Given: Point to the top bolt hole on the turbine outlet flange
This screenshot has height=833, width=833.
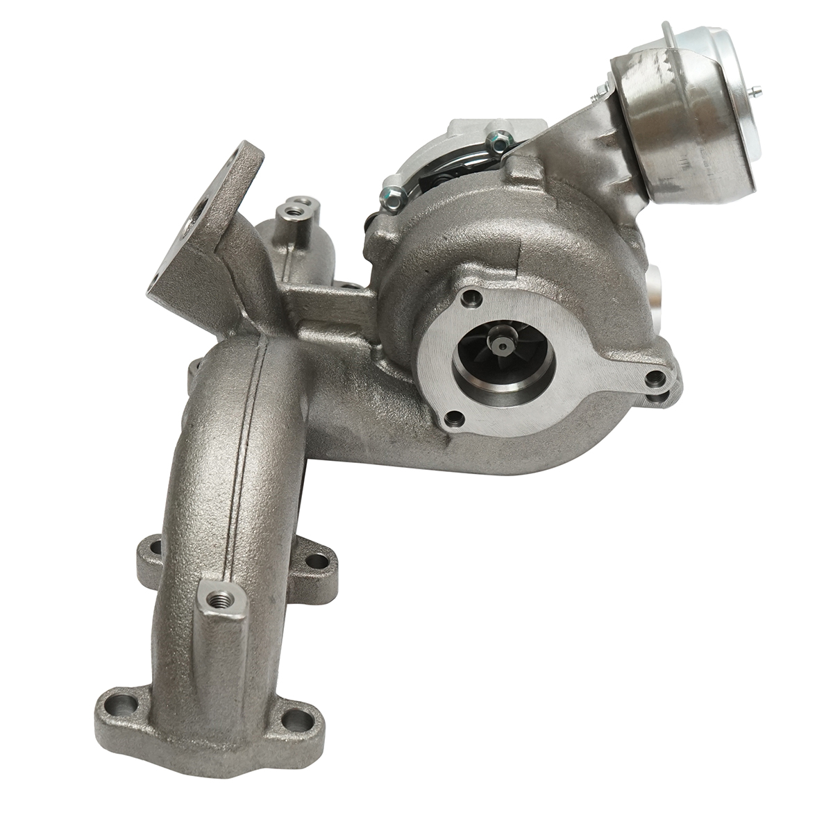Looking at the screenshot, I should [x=474, y=298].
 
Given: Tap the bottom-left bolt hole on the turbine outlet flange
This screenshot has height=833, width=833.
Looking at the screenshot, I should [x=454, y=418].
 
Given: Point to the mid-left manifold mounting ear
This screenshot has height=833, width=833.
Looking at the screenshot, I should [x=149, y=555].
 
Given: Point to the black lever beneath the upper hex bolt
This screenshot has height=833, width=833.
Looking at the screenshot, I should [x=430, y=182].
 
